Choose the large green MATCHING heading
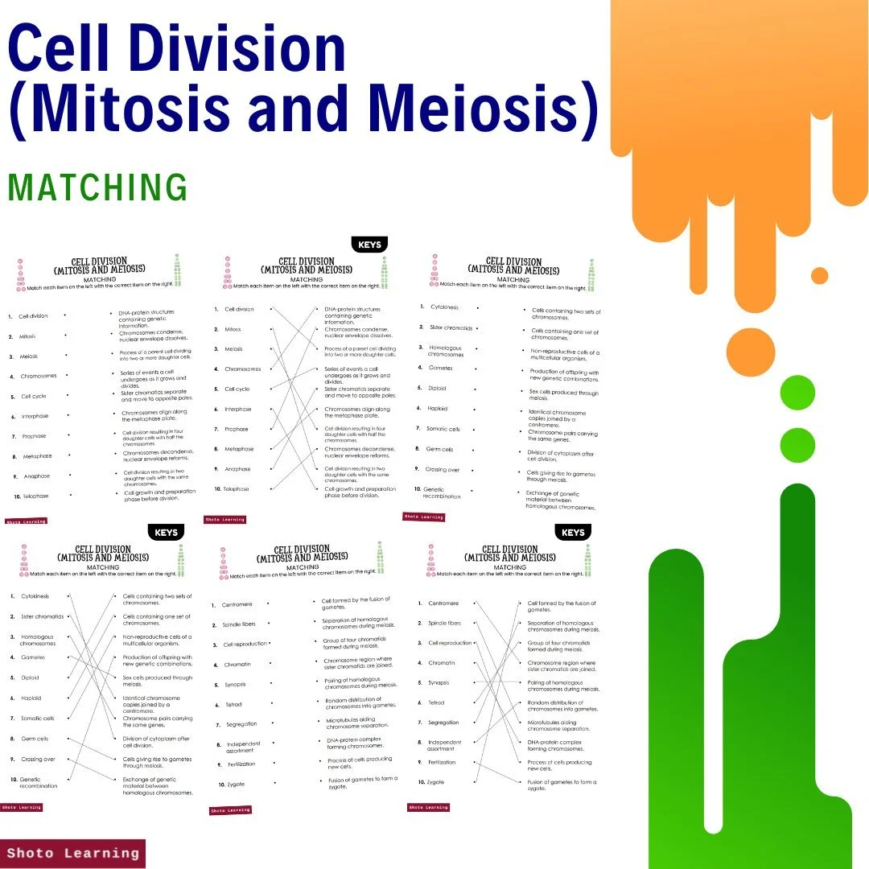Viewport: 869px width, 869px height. pos(97,187)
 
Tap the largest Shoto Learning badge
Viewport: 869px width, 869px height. pos(73,853)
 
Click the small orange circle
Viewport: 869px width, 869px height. pos(819,276)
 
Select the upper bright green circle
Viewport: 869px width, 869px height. pos(797,393)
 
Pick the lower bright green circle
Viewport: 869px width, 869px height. pos(797,445)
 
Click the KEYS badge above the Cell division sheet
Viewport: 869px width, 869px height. pos(370,245)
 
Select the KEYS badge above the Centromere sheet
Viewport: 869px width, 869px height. pos(573,533)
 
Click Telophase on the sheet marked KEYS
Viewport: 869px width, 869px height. pos(237,489)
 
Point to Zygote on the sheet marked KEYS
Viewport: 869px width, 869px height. pos(435,782)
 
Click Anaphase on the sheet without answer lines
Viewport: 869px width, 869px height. pos(36,476)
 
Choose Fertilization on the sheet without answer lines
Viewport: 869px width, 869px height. pos(241,764)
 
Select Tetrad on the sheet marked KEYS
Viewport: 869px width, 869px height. pos(436,702)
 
